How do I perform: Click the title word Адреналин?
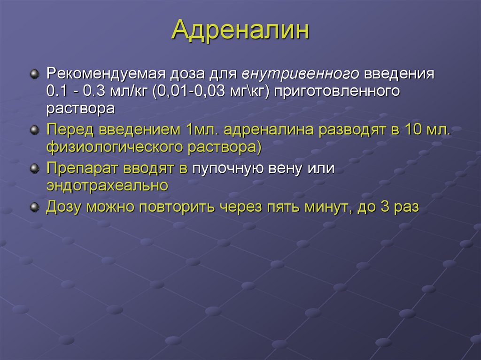[240, 31]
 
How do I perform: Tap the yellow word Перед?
[70, 129]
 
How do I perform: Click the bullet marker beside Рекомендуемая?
[33, 75]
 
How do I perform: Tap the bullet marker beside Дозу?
[33, 207]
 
